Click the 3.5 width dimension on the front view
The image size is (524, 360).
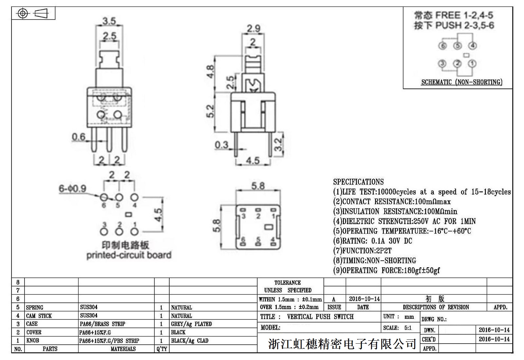click(109, 21)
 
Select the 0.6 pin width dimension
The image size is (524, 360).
click(78, 137)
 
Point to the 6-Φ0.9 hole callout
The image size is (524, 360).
click(72, 189)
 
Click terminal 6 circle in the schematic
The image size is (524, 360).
click(442, 46)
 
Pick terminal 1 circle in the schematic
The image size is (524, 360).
click(472, 63)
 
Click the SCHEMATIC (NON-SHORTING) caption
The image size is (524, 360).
click(461, 82)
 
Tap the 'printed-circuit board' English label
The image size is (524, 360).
click(129, 255)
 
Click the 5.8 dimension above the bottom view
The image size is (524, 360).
click(258, 186)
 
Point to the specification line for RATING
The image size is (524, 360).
click(372, 241)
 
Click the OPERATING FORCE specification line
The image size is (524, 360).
click(386, 271)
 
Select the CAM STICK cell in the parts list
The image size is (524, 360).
click(39, 316)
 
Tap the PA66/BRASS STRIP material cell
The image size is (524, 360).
click(103, 324)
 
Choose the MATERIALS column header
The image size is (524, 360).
click(123, 349)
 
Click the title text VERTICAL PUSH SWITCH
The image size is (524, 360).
click(320, 317)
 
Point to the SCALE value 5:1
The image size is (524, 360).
click(408, 328)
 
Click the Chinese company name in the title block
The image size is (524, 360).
click(342, 344)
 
